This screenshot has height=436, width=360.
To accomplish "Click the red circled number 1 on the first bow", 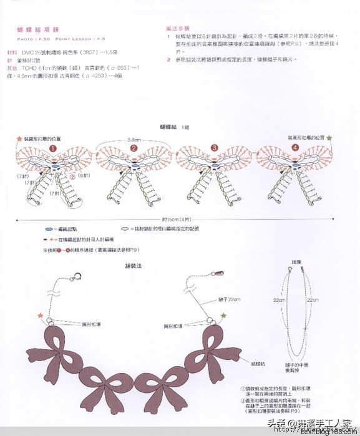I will (53, 148).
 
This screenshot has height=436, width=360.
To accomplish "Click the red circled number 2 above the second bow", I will (134, 148).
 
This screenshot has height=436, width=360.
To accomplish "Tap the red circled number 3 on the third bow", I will (214, 148).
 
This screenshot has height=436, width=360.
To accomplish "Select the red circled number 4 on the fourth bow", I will (294, 148).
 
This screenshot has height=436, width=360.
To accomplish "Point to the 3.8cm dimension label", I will (134, 140).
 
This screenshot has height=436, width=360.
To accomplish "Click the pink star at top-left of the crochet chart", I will (19, 138).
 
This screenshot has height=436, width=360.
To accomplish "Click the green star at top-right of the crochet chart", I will (330, 137).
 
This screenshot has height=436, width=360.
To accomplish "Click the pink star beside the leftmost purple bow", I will (41, 316).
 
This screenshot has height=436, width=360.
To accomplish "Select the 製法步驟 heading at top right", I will (178, 29).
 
